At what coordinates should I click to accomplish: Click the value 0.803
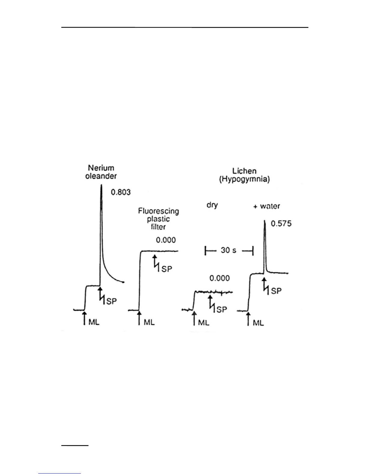click(x=121, y=192)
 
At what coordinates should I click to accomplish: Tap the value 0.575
click(x=281, y=224)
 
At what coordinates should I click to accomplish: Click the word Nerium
click(x=101, y=168)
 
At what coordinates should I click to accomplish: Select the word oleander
click(x=101, y=176)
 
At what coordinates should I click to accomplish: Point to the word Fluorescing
click(x=158, y=211)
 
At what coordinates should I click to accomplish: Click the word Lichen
click(x=244, y=171)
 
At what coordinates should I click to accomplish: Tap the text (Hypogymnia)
click(x=244, y=180)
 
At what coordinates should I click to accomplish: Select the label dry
click(x=212, y=206)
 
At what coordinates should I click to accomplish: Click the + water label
click(x=266, y=206)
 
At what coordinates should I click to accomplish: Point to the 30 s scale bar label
click(x=228, y=250)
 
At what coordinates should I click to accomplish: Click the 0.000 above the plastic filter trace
click(x=166, y=240)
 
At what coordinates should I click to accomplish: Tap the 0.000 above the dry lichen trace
click(x=219, y=278)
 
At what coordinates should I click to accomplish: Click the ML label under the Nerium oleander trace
click(x=94, y=322)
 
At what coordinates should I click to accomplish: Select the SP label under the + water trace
click(x=276, y=291)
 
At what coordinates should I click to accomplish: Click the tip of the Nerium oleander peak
click(x=100, y=185)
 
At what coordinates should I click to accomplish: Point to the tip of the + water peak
click(x=264, y=221)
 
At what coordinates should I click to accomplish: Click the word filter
click(x=158, y=227)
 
